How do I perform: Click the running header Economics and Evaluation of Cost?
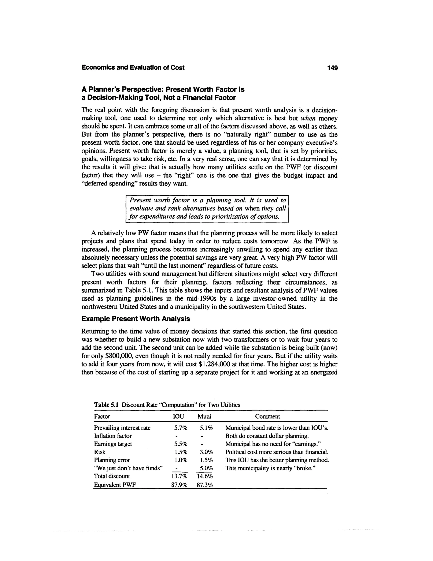[x=133, y=68]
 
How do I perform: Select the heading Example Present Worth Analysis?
[x=136, y=319]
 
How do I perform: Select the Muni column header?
[x=204, y=416]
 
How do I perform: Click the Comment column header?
[x=267, y=416]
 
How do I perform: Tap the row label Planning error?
[x=112, y=460]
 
